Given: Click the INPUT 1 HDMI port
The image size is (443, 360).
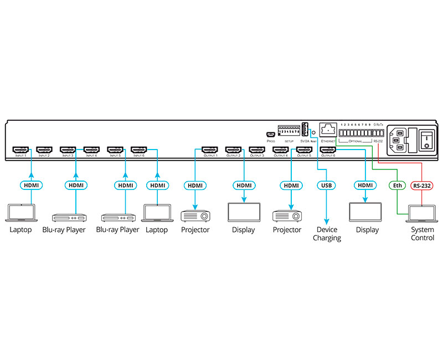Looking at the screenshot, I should [20, 149].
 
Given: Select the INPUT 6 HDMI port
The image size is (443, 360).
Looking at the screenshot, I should [138, 149].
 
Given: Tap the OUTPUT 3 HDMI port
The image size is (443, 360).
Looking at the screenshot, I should [257, 149].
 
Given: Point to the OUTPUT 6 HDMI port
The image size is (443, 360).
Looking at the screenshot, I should [328, 149].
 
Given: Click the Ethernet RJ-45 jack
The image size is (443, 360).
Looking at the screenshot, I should [328, 130].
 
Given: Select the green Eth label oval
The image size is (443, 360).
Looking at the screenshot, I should [397, 185].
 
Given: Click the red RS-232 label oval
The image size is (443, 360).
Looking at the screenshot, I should [423, 185].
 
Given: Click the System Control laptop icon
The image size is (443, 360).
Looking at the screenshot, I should [422, 213].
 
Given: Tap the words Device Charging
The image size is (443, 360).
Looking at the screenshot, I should [327, 234].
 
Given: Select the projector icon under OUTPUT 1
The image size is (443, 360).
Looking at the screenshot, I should [195, 214].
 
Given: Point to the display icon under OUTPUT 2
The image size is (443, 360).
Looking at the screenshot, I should [244, 213].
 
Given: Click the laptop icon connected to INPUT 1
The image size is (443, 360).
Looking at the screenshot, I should [21, 213].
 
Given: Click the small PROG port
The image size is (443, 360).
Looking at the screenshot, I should [270, 134].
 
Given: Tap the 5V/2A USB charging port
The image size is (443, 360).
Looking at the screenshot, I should [304, 129].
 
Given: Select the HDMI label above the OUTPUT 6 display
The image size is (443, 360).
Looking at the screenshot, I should [364, 185].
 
